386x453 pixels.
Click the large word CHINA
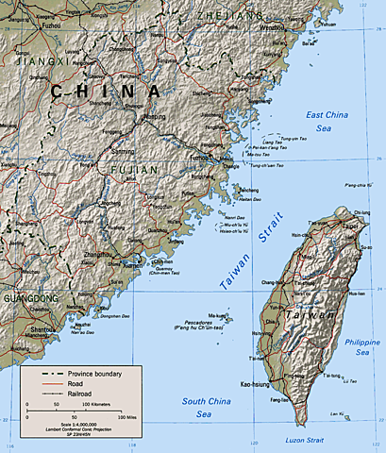click(x=106, y=92)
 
